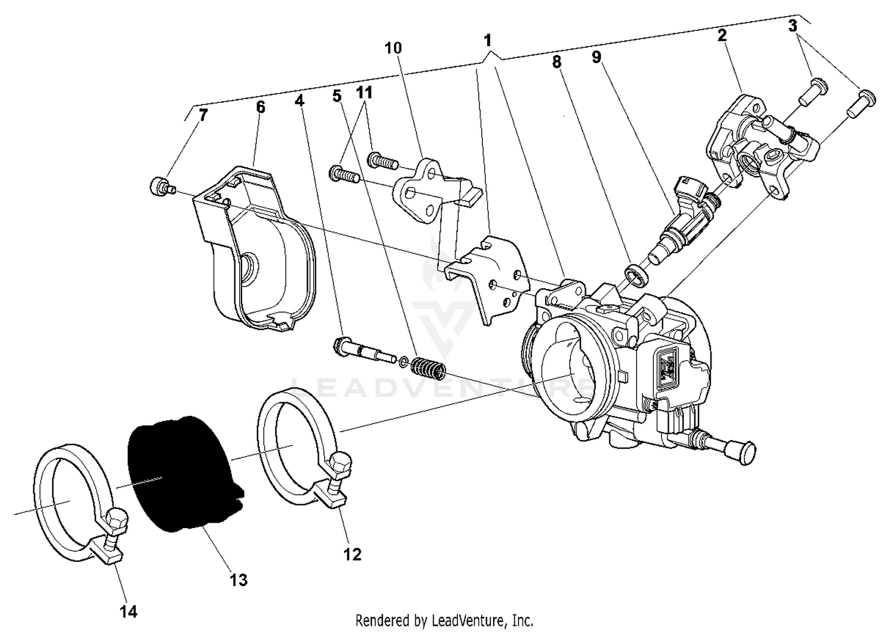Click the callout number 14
tap(128, 612)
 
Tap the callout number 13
tap(239, 580)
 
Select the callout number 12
tap(352, 554)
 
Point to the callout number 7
tap(204, 114)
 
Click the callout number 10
tap(393, 47)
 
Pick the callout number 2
tap(721, 35)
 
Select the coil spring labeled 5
tap(428, 370)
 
